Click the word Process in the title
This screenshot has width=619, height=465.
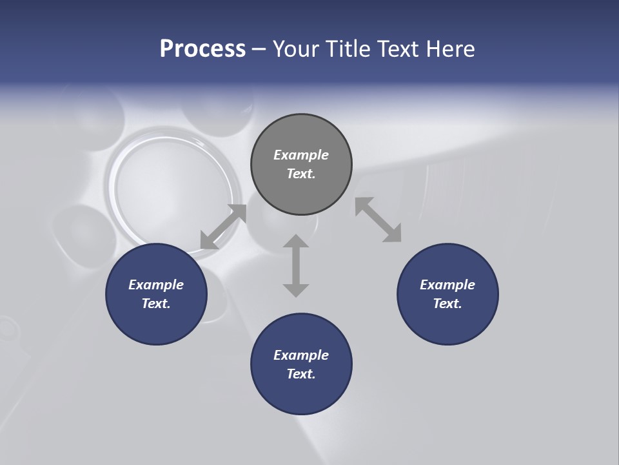(x=202, y=49)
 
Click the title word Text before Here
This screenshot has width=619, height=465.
(x=400, y=49)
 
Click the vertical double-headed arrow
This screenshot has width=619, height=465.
(x=296, y=265)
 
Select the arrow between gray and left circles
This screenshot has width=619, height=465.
(x=223, y=227)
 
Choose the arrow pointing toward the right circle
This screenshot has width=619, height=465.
(x=378, y=220)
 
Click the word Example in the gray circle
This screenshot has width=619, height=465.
(x=301, y=155)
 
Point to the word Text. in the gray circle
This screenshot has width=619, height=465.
(x=301, y=174)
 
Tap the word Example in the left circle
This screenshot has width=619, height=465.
(x=156, y=285)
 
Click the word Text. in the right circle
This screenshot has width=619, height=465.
(x=447, y=304)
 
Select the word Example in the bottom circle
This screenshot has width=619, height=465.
(x=301, y=355)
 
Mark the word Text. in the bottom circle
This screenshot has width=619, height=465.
(x=301, y=374)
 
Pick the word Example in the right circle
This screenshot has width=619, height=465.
(x=447, y=285)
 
